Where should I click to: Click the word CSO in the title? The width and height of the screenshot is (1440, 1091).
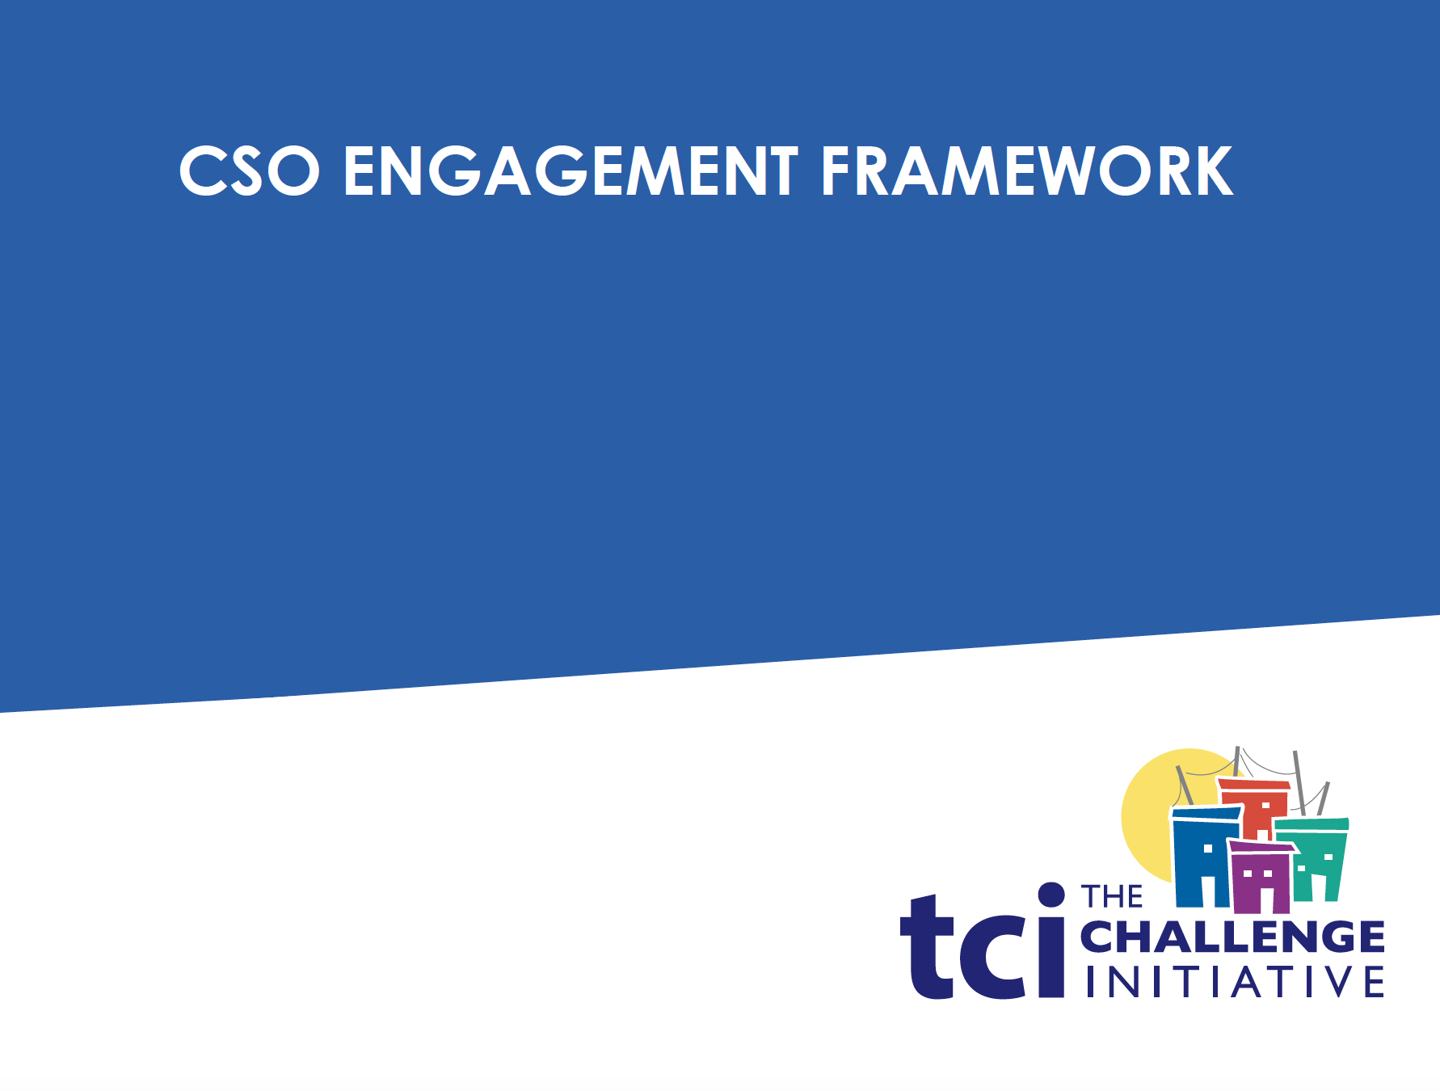coord(250,171)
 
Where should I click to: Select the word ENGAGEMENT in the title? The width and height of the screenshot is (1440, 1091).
coord(571,171)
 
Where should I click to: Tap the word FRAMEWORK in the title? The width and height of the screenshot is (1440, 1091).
coord(1027,171)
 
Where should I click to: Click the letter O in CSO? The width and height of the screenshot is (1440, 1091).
coord(293,171)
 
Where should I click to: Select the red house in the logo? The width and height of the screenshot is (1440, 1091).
coord(1253,808)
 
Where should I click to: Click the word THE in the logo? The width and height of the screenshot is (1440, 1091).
coord(1112,897)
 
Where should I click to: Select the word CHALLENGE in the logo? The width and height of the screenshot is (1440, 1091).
coord(1232,937)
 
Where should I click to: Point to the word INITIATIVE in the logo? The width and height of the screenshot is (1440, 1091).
coord(1234,982)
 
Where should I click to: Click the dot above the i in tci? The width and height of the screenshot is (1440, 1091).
coord(1051,895)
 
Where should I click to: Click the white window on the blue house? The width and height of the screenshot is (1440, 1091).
coord(1208,849)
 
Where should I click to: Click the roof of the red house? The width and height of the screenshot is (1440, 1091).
coord(1253,784)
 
